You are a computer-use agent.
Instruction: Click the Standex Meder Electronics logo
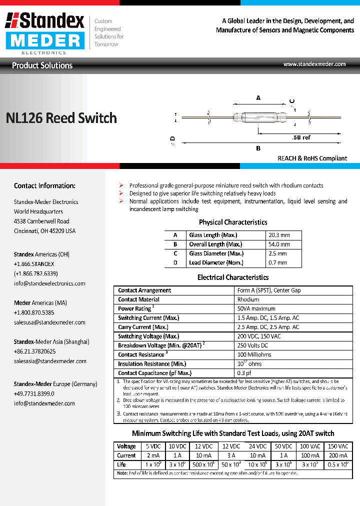coord(45,32)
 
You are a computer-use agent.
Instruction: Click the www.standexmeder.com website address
coord(314,64)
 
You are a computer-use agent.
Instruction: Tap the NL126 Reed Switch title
coord(61,118)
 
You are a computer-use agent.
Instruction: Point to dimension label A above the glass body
coord(258,98)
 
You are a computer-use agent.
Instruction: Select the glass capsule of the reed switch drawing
coord(258,117)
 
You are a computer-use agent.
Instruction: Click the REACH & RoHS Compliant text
coord(312,158)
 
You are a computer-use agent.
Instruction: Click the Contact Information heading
coord(44,185)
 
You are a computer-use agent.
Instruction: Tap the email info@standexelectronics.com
coord(49,283)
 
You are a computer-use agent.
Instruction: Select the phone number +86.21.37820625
coord(34,351)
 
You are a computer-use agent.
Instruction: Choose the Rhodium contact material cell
coord(248,299)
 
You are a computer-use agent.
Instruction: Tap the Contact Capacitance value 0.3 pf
coord(244,373)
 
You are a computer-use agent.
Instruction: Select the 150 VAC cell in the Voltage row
coord(338,446)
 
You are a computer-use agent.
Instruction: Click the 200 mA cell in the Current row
coord(338,455)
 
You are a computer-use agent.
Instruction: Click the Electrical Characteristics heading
coord(233,277)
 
